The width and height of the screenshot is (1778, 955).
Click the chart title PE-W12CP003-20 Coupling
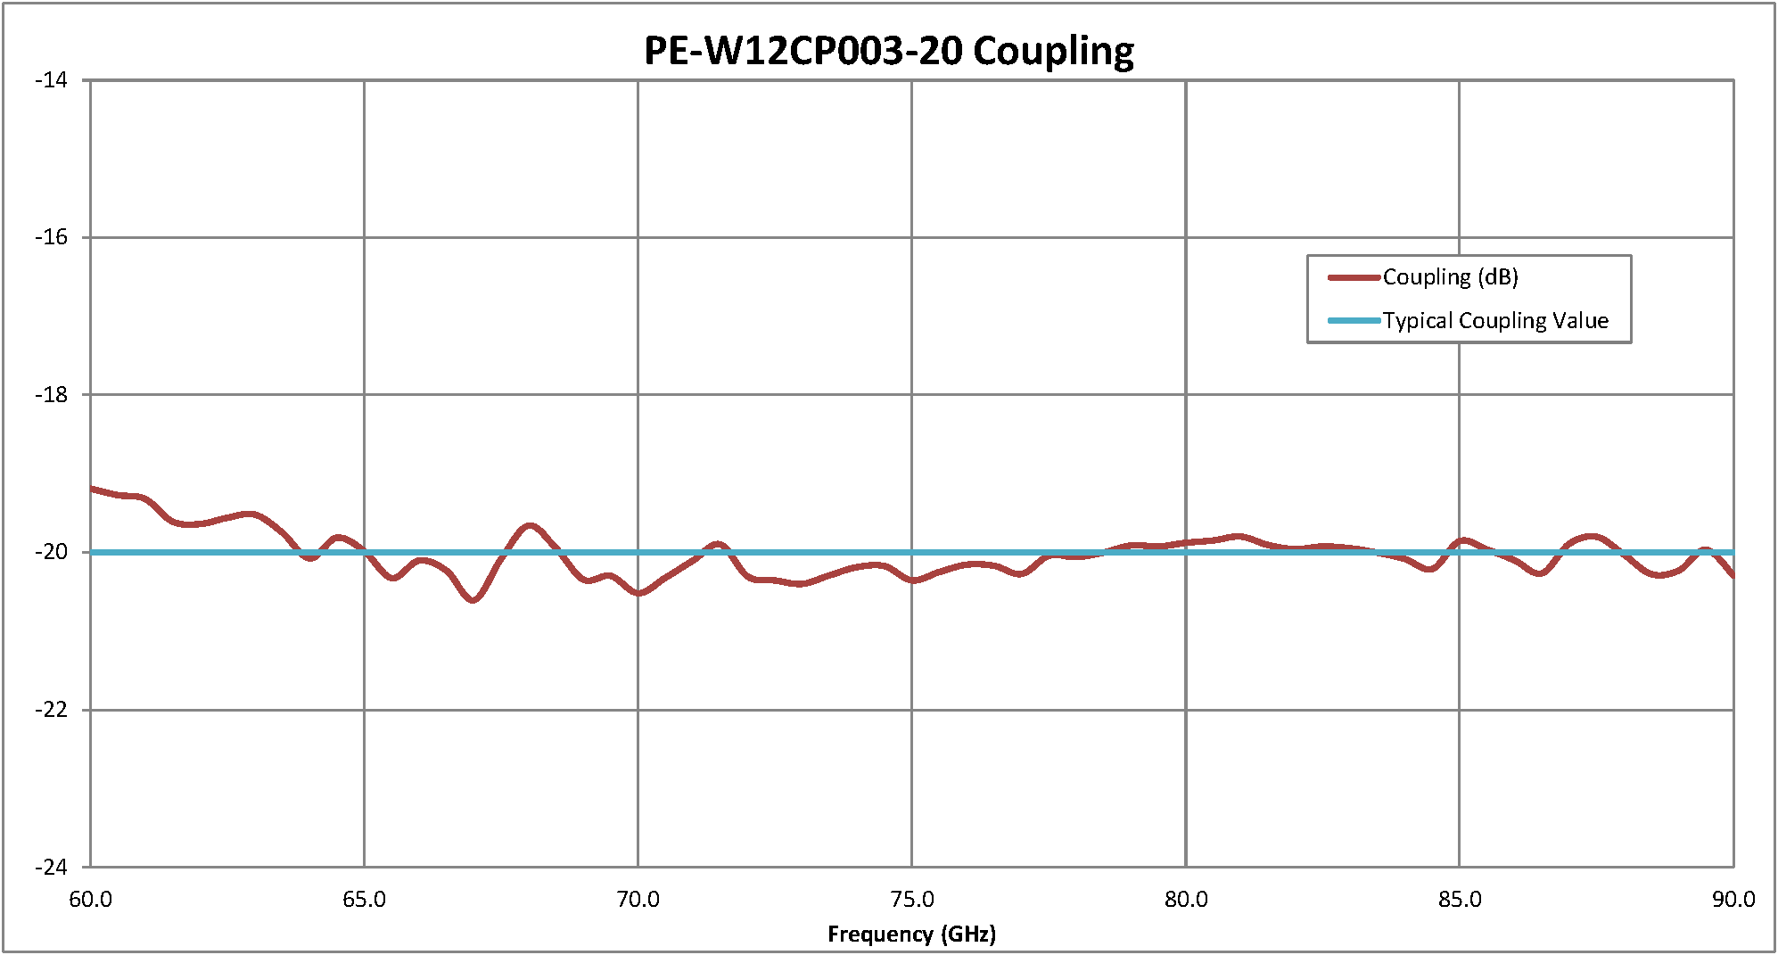pos(889,51)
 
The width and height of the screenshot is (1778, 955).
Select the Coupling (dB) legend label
pos(1450,277)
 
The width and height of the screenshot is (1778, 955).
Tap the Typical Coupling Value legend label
pos(1495,321)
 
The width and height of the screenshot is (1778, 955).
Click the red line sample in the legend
pos(1354,277)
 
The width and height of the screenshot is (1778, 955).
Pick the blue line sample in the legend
pos(1354,321)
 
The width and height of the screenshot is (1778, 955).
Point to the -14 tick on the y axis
pos(51,80)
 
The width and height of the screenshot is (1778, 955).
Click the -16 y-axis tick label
pos(51,237)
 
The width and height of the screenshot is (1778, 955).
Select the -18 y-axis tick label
pos(51,395)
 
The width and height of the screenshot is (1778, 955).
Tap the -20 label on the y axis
pos(51,552)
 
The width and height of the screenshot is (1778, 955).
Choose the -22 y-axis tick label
pos(51,710)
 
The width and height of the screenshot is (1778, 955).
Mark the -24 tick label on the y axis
pos(51,867)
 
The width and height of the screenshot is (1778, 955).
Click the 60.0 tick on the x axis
pos(90,900)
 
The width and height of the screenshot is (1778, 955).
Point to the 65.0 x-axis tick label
pos(364,900)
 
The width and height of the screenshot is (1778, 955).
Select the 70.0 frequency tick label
pos(638,900)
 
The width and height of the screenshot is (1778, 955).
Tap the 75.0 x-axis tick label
pos(911,900)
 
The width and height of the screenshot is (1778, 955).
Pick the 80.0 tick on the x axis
pos(1186,900)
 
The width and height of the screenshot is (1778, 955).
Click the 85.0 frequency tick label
pos(1460,900)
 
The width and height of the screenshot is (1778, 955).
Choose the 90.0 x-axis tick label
pos(1733,900)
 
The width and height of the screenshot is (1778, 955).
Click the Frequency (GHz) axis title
pos(911,934)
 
